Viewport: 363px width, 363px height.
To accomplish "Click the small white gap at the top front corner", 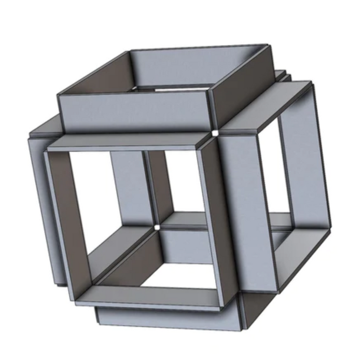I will click(x=214, y=134).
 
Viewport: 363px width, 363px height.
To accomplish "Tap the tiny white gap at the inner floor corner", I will click(x=157, y=227).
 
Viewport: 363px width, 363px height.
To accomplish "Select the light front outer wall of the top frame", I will click(x=135, y=111).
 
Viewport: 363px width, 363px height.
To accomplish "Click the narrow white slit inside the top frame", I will click(x=171, y=90).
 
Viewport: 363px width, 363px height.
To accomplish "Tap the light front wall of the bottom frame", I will click(x=166, y=319).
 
